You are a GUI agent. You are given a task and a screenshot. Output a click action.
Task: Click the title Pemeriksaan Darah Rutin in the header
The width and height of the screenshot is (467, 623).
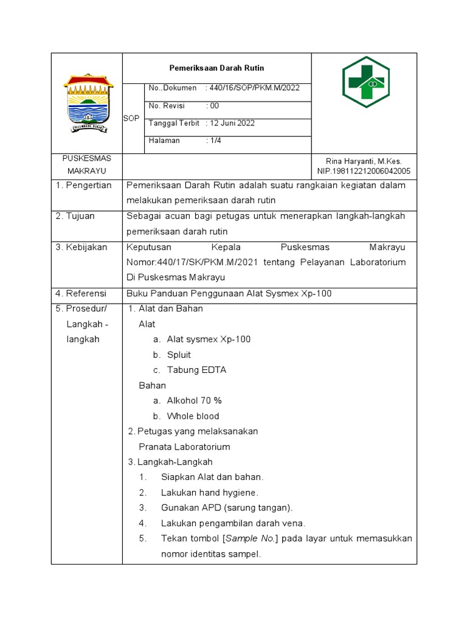pos(216,68)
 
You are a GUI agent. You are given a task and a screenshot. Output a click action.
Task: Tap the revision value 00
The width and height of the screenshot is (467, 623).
pos(214,106)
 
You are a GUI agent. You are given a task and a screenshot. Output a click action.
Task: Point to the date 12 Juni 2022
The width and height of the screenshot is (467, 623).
pos(232,124)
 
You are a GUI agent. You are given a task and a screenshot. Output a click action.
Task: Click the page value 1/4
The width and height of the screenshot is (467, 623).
pos(215,141)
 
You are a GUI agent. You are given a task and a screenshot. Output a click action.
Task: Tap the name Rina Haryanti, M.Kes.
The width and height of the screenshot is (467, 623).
pos(364,161)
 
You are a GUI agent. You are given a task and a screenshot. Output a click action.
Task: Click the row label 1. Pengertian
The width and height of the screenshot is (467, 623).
pos(84,186)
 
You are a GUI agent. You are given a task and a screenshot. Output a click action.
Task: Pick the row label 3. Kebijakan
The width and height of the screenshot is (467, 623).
pos(81,247)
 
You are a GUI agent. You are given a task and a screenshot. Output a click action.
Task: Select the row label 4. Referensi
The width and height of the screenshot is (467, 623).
pos(81,293)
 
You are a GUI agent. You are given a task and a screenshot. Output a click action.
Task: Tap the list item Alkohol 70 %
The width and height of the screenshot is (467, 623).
pos(194,401)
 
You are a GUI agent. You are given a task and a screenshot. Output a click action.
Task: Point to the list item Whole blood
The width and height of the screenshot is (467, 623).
pos(193,416)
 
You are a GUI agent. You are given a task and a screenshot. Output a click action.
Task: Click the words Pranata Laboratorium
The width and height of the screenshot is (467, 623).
pos(184,447)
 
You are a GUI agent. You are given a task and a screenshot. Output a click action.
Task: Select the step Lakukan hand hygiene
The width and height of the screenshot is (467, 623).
pos(210,492)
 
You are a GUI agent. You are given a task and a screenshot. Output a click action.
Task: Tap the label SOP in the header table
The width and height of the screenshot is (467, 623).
pos(131,119)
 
